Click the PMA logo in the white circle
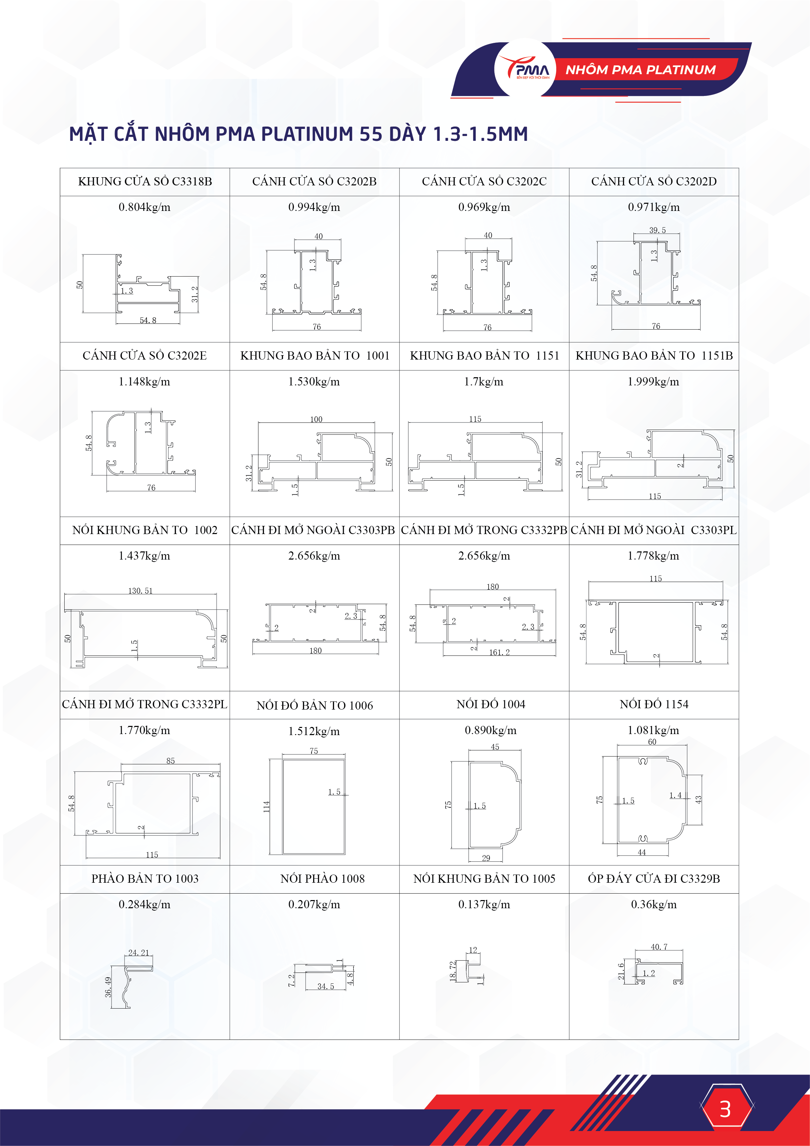pyautogui.click(x=525, y=69)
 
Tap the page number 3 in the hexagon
pyautogui.click(x=725, y=1109)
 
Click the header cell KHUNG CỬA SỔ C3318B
pyautogui.click(x=145, y=182)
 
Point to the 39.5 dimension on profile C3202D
pyautogui.click(x=657, y=230)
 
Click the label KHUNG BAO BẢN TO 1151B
pyautogui.click(x=654, y=356)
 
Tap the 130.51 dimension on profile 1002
pyautogui.click(x=140, y=591)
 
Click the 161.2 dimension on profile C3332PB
pyautogui.click(x=499, y=652)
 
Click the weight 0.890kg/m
pyautogui.click(x=491, y=731)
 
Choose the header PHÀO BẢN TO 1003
pyautogui.click(x=145, y=879)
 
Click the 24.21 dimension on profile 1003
pyautogui.click(x=138, y=953)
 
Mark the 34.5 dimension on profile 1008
pyautogui.click(x=325, y=986)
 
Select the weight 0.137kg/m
pyautogui.click(x=484, y=904)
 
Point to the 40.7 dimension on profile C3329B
pyautogui.click(x=659, y=947)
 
